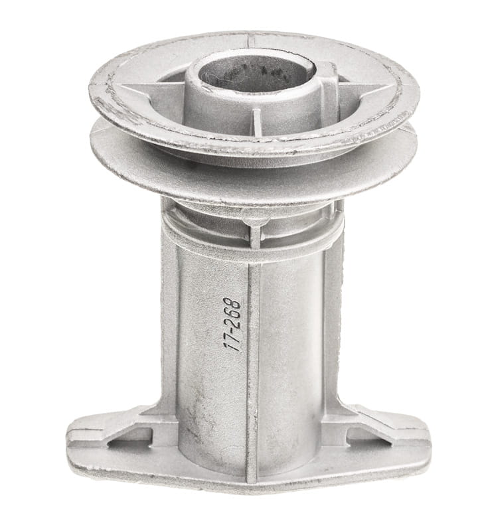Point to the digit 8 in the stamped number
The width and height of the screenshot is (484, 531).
(233, 304)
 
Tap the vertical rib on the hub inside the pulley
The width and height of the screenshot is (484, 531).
(257, 125)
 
